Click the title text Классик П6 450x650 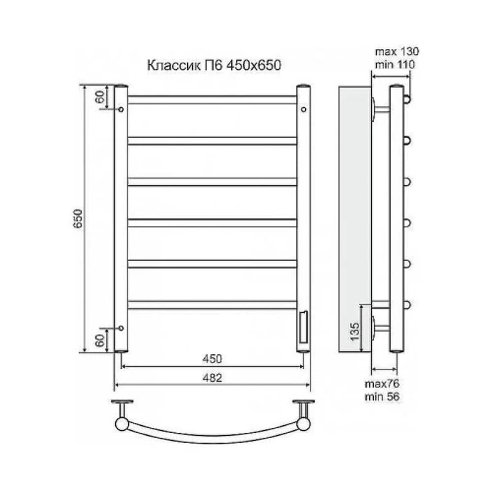point(215,65)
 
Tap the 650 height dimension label point(78,218)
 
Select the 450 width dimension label point(213,358)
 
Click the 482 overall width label point(213,378)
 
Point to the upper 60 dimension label point(100,96)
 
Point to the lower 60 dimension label point(100,340)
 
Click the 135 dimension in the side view point(354,332)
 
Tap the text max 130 point(397,51)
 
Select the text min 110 point(395,65)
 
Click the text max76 point(382,384)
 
